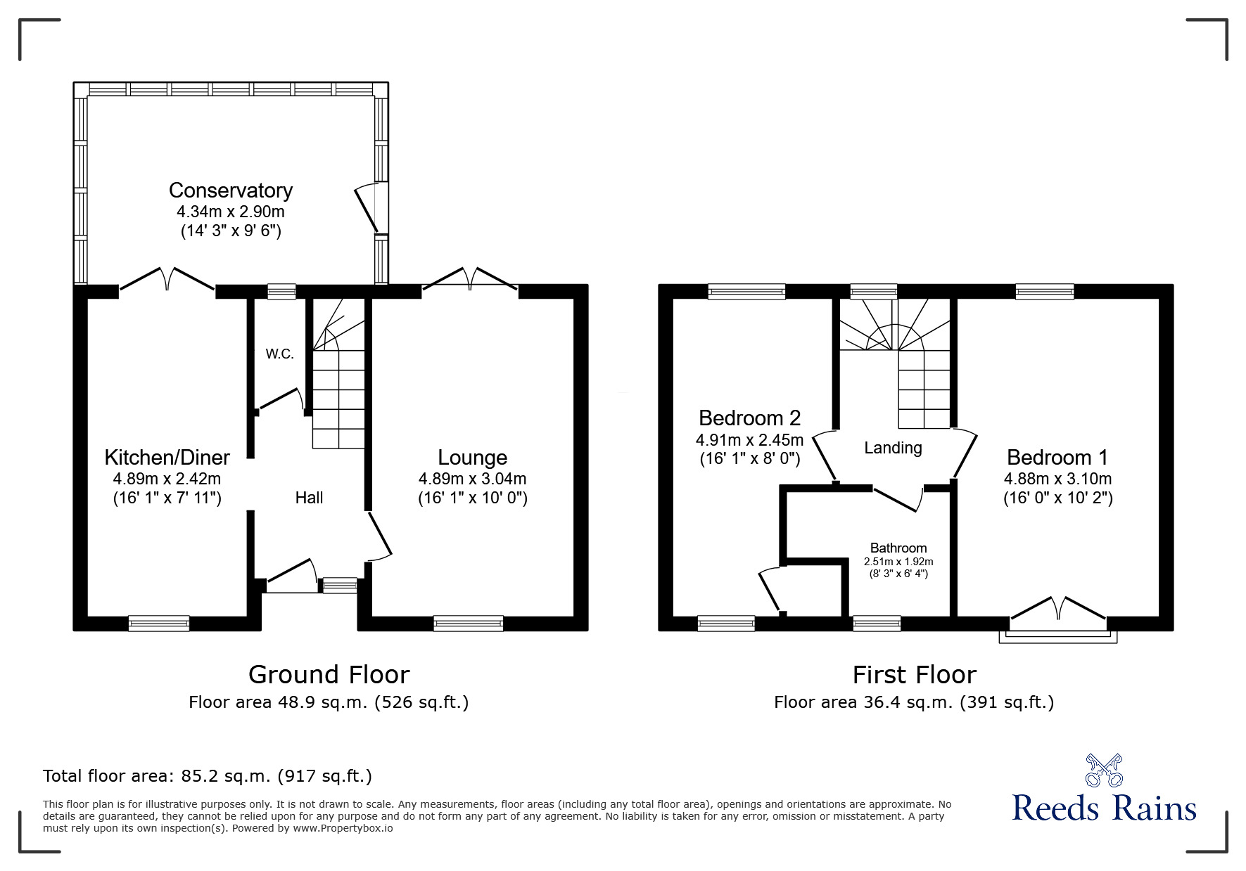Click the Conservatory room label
230,191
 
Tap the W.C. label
279,354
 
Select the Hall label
309,498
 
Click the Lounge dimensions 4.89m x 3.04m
472,479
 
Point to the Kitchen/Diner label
167,458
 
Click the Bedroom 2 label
749,418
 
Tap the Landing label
893,448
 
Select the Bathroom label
898,548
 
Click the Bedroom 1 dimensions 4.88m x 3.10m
1057,479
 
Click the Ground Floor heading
329,675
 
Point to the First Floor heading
914,675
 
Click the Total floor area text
208,776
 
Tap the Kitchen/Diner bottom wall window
159,623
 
